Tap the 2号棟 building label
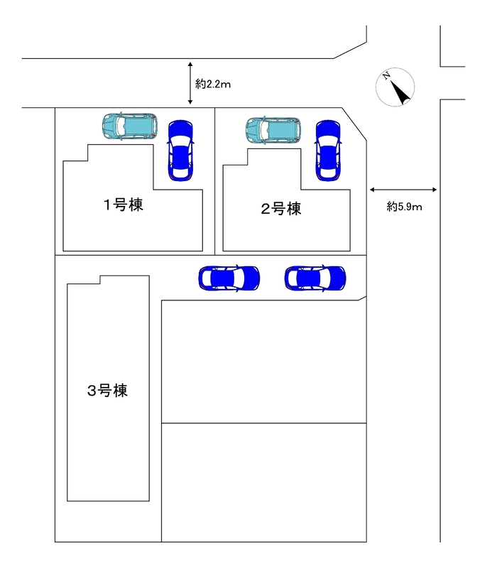[x=280, y=209]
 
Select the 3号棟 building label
[x=107, y=390]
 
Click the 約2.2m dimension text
[x=213, y=84]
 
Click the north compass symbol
[x=395, y=87]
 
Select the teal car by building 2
[x=273, y=130]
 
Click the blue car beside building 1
[x=180, y=149]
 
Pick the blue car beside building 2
[x=328, y=149]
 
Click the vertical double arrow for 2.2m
[x=190, y=84]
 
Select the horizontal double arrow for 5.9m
[x=403, y=190]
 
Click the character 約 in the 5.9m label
[x=392, y=207]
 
